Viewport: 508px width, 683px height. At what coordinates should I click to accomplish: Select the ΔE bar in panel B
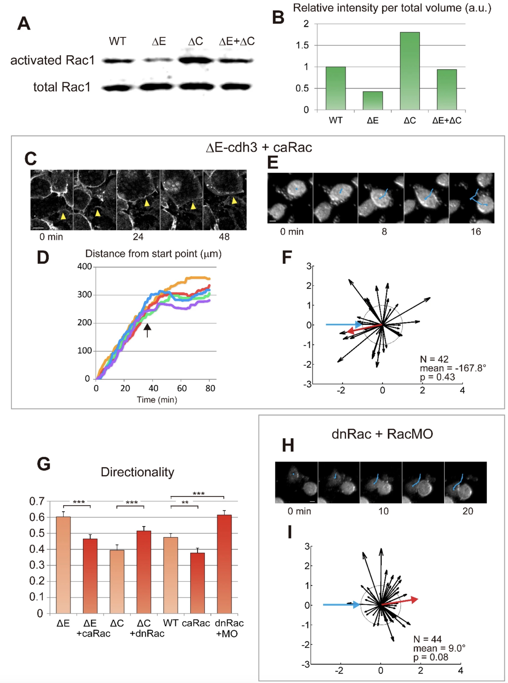[373, 101]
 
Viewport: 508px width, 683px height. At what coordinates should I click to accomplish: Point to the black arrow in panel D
[147, 330]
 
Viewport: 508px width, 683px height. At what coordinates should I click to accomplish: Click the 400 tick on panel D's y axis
[85, 266]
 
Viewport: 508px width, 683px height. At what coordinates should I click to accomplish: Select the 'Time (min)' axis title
[157, 400]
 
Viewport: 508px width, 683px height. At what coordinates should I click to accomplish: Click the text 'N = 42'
[434, 359]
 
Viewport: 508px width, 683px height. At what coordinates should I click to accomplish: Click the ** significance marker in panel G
[185, 503]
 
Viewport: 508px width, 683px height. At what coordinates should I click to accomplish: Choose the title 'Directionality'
[137, 472]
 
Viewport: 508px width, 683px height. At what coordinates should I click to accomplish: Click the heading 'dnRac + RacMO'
[382, 434]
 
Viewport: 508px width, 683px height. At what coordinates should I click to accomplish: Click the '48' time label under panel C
[224, 237]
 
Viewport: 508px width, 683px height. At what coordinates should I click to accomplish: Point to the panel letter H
[288, 445]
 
